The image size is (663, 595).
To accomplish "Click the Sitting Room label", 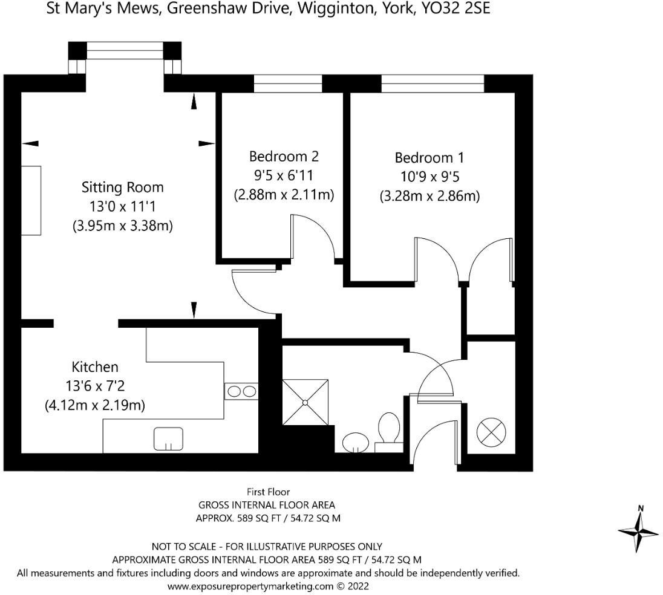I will pyautogui.click(x=122, y=187).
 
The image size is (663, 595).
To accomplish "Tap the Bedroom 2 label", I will pyautogui.click(x=284, y=157).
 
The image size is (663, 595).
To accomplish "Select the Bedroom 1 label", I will pyautogui.click(x=429, y=158).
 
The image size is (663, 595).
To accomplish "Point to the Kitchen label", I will pyautogui.click(x=95, y=366).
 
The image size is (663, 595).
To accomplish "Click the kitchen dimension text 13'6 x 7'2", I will pyautogui.click(x=95, y=386).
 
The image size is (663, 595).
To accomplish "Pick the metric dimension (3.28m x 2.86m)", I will pyautogui.click(x=429, y=197).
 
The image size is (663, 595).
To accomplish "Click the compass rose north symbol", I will pyautogui.click(x=638, y=529).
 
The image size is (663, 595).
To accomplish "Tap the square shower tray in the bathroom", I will pyautogui.click(x=305, y=402).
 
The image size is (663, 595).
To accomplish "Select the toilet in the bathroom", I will pyautogui.click(x=388, y=431).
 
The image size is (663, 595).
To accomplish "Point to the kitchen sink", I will pyautogui.click(x=168, y=438).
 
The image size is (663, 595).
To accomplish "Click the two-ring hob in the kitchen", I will pyautogui.click(x=241, y=391).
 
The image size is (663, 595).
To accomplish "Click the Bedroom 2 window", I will pyautogui.click(x=287, y=83).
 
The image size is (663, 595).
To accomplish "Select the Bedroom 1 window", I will pyautogui.click(x=433, y=83).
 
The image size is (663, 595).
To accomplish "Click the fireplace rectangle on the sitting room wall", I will pyautogui.click(x=31, y=200).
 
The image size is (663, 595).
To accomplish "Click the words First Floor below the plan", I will pyautogui.click(x=268, y=492).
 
